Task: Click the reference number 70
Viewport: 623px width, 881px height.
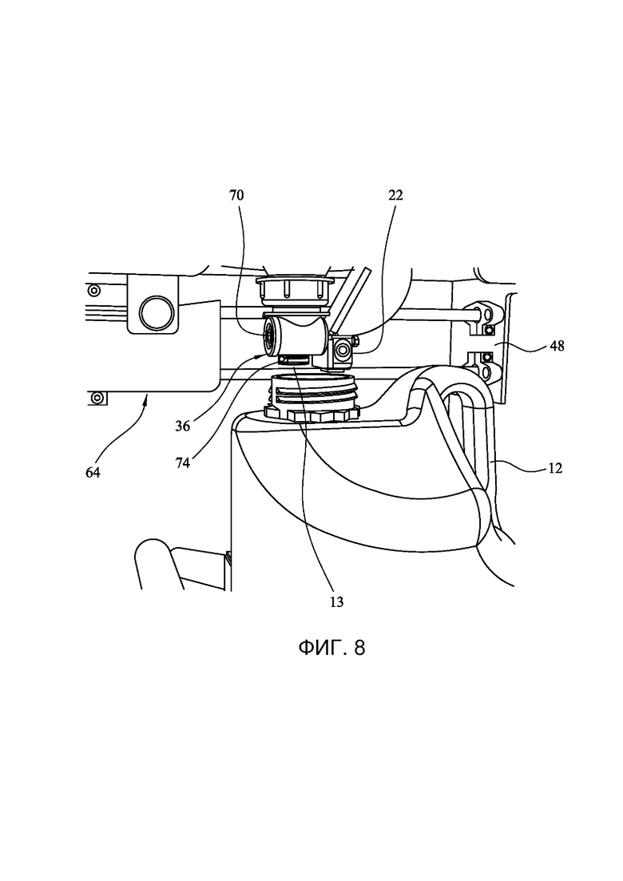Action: pyautogui.click(x=236, y=196)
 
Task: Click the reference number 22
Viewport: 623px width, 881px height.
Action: pyautogui.click(x=395, y=196)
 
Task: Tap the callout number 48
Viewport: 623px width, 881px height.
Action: pyautogui.click(x=557, y=346)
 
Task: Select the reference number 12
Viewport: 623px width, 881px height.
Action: pyautogui.click(x=555, y=468)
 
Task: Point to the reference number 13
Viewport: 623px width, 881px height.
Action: pyautogui.click(x=336, y=602)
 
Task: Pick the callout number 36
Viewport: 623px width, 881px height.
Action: pyautogui.click(x=183, y=427)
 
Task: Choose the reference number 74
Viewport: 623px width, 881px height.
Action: pyautogui.click(x=183, y=463)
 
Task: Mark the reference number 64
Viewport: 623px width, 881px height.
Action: pyautogui.click(x=93, y=473)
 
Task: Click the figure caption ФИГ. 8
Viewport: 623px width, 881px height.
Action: pyautogui.click(x=331, y=648)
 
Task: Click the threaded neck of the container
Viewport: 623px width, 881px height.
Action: pyautogui.click(x=315, y=391)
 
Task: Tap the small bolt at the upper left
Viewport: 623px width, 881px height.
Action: pyautogui.click(x=93, y=291)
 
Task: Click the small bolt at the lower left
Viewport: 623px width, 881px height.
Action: pyautogui.click(x=98, y=398)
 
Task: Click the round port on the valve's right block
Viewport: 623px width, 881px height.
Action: pyautogui.click(x=342, y=351)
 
